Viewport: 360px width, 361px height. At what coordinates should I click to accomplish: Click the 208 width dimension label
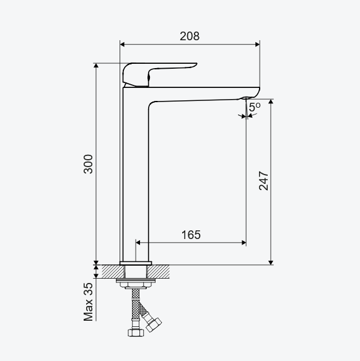[x=190, y=36]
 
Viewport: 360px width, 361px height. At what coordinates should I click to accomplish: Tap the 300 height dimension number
[x=88, y=164]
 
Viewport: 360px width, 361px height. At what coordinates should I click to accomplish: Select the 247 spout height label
[x=263, y=181]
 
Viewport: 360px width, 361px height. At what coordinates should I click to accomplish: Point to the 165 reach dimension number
[x=191, y=235]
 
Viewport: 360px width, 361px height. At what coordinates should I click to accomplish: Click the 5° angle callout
[x=255, y=107]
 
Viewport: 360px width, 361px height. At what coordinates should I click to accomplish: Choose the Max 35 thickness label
[x=88, y=302]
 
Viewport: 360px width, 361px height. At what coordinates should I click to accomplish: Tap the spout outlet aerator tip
[x=244, y=98]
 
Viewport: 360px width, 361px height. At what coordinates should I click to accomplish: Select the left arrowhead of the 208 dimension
[x=122, y=45]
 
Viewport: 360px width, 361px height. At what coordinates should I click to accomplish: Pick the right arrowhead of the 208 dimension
[x=258, y=45]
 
